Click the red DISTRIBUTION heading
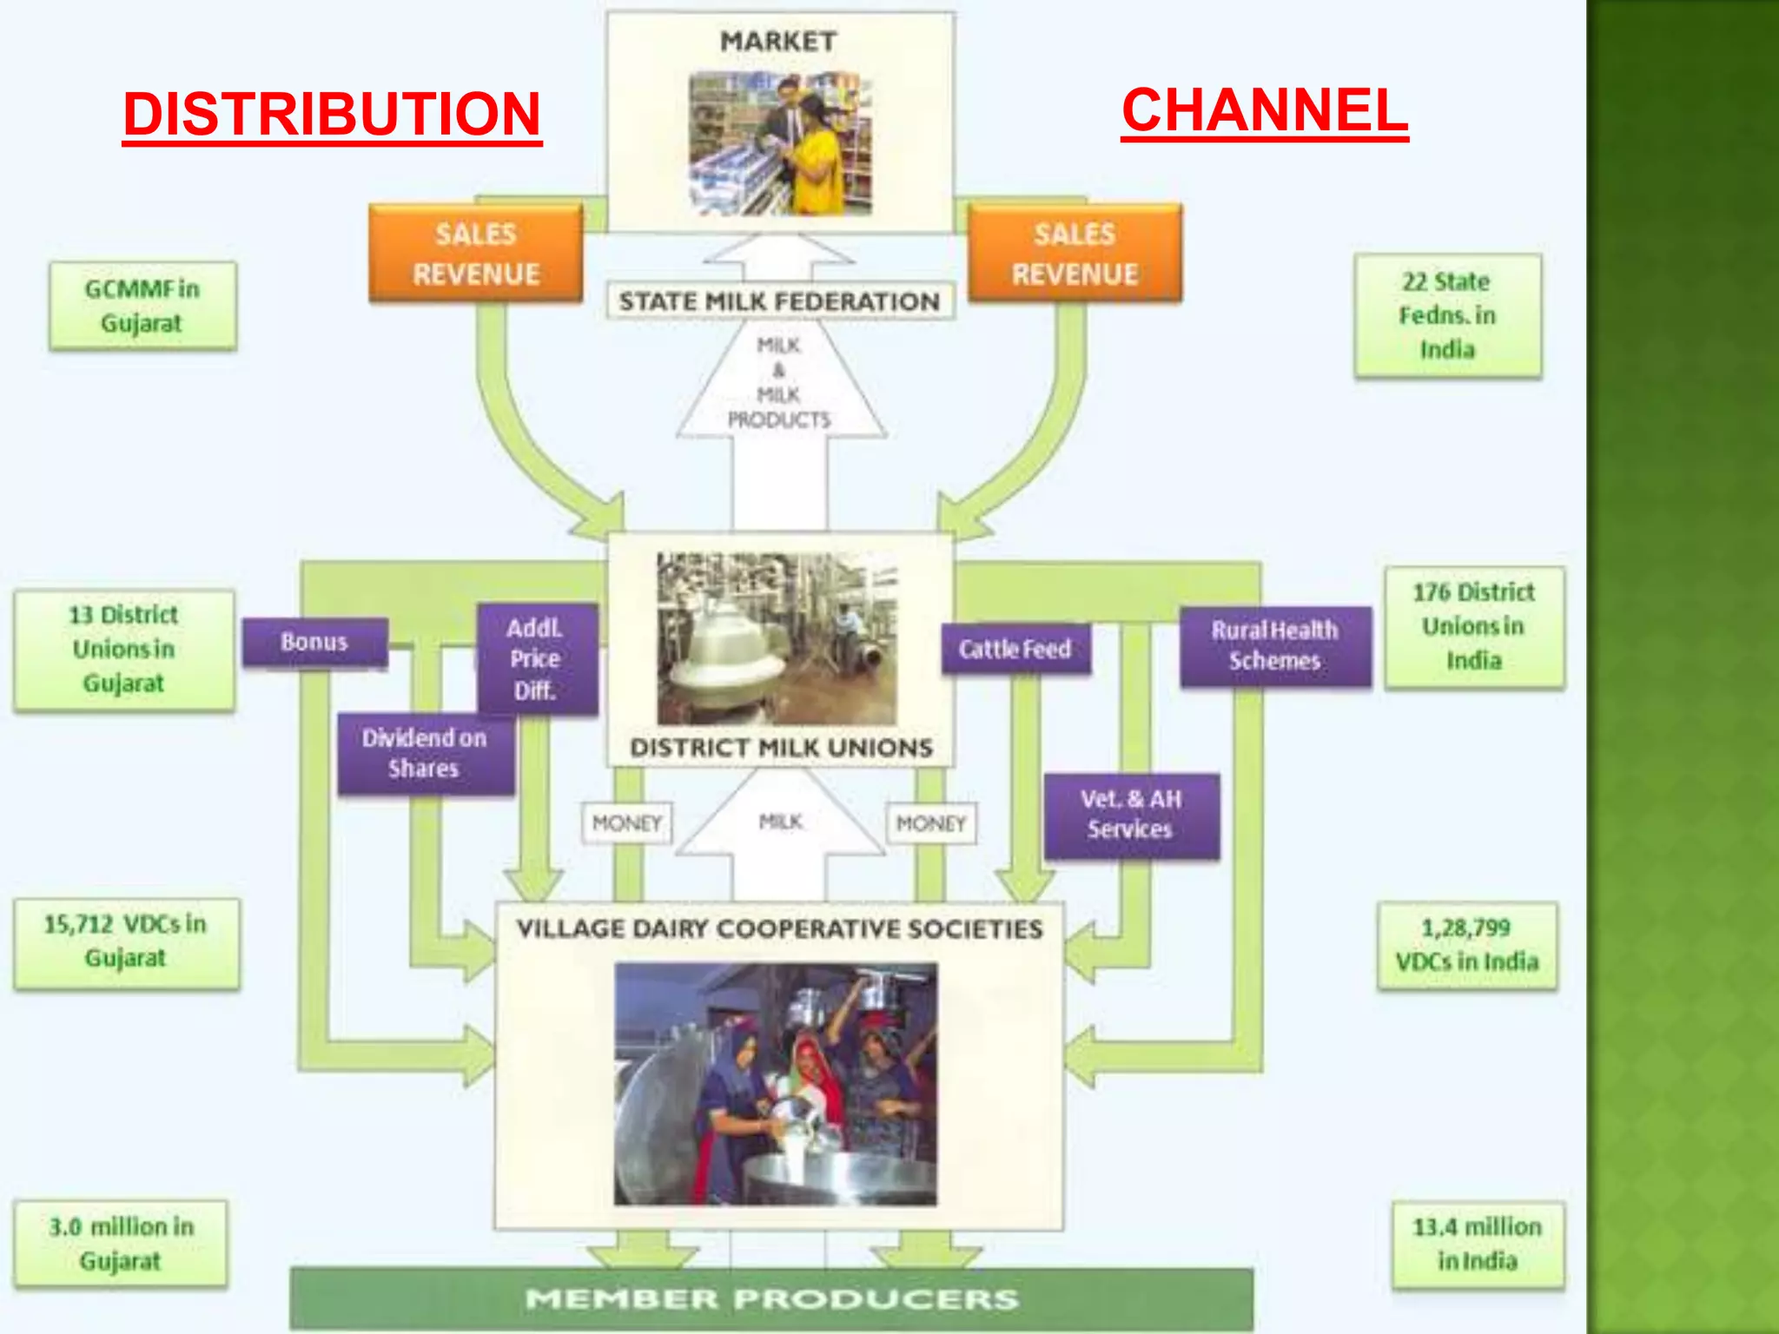(x=332, y=115)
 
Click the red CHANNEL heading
(x=1264, y=111)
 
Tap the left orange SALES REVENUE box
(x=476, y=254)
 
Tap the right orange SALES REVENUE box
(x=1075, y=254)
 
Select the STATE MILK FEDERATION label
(x=779, y=301)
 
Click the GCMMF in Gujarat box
(x=142, y=306)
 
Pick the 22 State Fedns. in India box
(x=1447, y=315)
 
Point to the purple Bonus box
(x=314, y=643)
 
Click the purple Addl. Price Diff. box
(x=536, y=659)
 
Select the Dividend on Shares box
(x=425, y=753)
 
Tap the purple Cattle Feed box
(x=1015, y=649)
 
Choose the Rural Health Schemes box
(x=1274, y=645)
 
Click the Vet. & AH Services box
(x=1130, y=815)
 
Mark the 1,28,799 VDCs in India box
(x=1466, y=945)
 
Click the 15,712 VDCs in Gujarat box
(x=126, y=941)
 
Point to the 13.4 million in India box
(x=1477, y=1244)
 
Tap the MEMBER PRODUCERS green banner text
(x=771, y=1299)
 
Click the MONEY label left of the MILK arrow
(x=626, y=822)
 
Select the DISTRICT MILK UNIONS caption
(x=781, y=748)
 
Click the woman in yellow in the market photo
(x=816, y=156)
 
